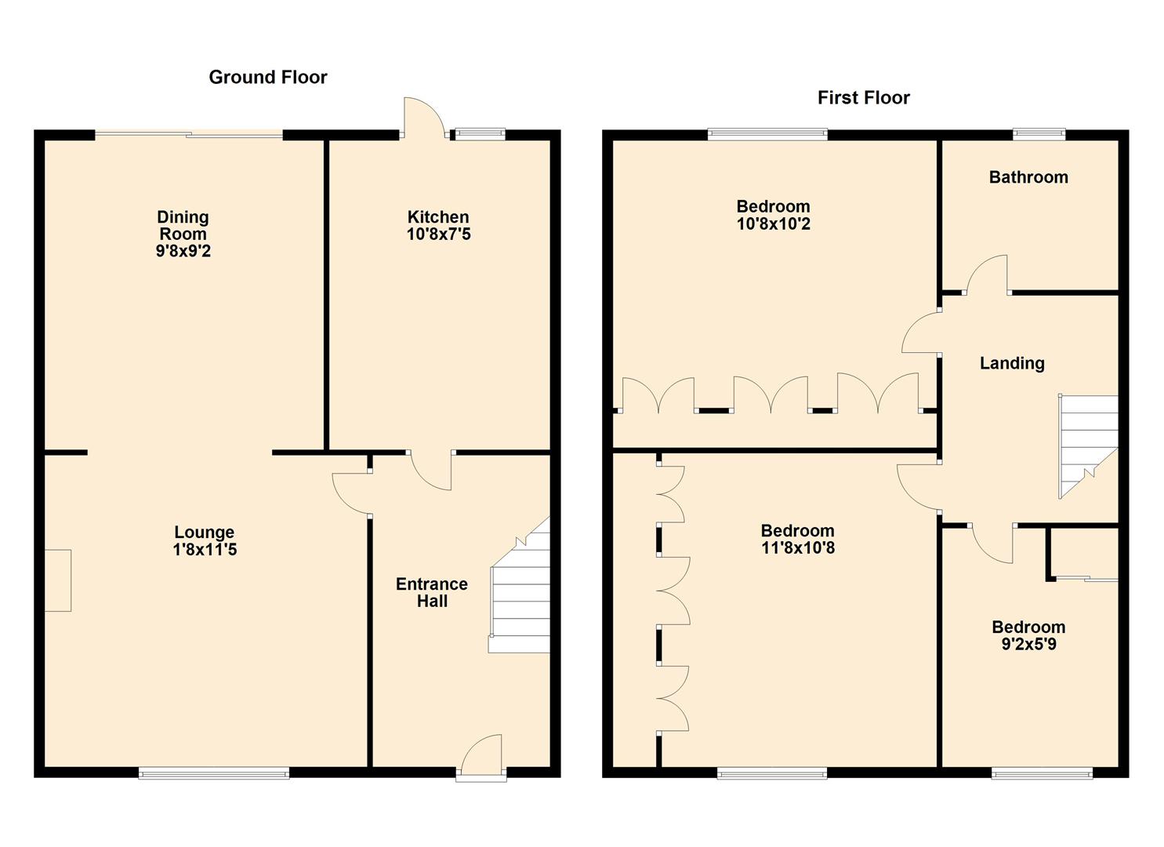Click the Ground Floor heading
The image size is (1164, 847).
[267, 78]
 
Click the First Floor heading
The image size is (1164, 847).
[864, 98]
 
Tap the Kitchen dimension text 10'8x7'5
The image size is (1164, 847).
[439, 234]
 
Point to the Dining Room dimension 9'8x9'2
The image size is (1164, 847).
[183, 251]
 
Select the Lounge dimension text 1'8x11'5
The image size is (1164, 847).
[205, 549]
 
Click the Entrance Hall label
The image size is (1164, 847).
[432, 592]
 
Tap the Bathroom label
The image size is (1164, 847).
[1028, 177]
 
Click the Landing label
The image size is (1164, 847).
[1012, 363]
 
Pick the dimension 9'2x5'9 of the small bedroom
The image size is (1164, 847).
[1029, 644]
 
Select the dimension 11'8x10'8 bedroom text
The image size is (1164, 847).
[798, 547]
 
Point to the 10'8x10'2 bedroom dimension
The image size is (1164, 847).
[774, 224]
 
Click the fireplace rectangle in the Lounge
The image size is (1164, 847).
[58, 580]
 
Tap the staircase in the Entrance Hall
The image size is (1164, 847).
[520, 585]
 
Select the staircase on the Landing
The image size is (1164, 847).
[1088, 446]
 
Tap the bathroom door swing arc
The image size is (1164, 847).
[986, 274]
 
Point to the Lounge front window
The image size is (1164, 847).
[213, 774]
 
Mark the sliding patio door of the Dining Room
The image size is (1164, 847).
[189, 134]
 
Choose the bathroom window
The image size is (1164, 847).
[1039, 134]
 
